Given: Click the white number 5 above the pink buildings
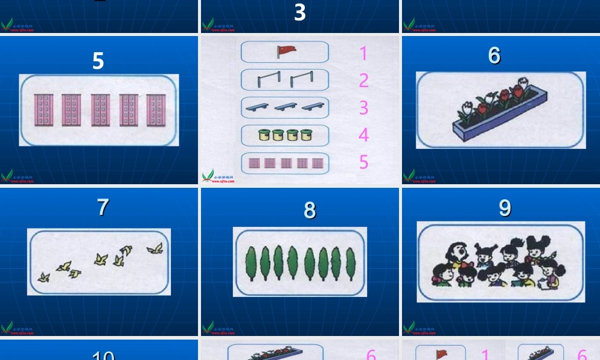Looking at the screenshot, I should coord(98,61).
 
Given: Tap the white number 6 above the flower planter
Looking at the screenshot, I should coord(494,55).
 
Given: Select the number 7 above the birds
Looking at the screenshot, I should coord(103,207).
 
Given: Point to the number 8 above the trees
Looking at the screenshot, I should coord(310,210).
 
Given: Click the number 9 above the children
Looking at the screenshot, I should coord(505,208).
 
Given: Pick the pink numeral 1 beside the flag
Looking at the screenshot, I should coord(363,53).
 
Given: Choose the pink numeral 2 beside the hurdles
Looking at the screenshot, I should coord(364,80).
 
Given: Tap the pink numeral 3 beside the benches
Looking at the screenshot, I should coord(364,107).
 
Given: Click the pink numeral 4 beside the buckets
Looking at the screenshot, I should coord(364,135).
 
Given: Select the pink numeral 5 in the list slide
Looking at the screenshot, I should coord(364,162).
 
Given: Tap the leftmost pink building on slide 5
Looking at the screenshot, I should coord(43,110).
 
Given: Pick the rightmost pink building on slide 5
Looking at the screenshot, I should coord(156,110).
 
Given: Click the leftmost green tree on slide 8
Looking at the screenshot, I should coord(250,263).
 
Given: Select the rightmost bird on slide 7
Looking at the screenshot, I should coord(155,248).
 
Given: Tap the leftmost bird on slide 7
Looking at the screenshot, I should coord(43,277).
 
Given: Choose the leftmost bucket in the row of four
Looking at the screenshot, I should coord(264,134).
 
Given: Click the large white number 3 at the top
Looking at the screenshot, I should coord(300,12).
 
